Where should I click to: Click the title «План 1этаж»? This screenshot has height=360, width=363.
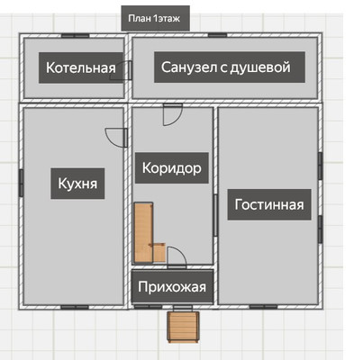click(152, 19)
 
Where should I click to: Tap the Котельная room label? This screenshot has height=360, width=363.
click(82, 67)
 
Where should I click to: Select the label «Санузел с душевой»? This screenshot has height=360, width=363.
click(228, 67)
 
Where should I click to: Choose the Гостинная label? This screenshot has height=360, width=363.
click(270, 204)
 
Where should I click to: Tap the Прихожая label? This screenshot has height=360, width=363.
click(172, 288)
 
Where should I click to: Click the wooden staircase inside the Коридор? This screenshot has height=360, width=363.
click(144, 232)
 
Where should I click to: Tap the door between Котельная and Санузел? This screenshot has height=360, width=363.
click(129, 71)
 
